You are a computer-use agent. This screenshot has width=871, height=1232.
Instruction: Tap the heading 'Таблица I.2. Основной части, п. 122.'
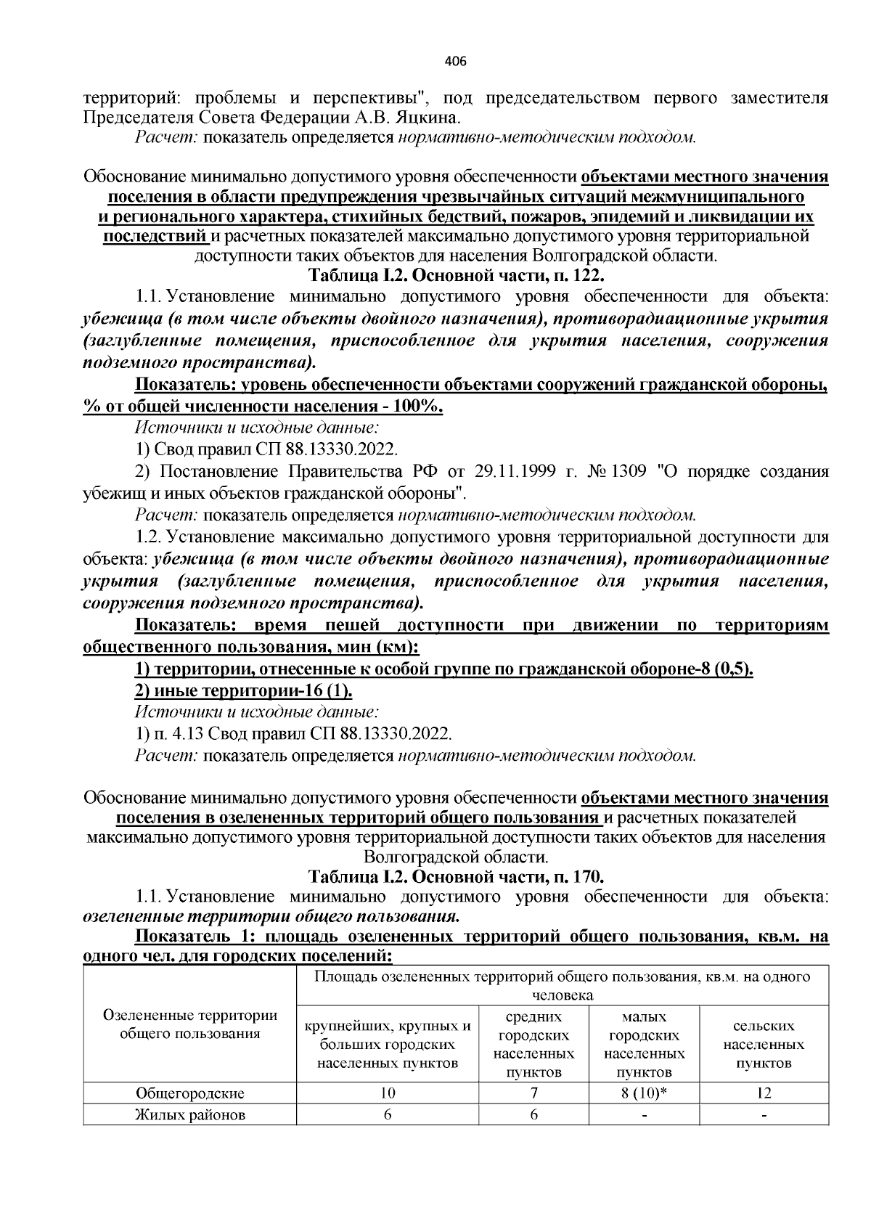click(456, 276)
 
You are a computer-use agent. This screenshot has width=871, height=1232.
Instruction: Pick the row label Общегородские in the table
click(190, 1093)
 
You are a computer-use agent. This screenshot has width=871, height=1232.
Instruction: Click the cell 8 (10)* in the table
click(643, 1093)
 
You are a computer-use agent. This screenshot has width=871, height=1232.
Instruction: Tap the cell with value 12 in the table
click(764, 1093)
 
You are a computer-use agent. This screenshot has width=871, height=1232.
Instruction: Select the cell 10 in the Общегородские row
click(388, 1093)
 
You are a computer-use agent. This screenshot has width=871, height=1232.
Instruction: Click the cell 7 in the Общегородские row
click(533, 1093)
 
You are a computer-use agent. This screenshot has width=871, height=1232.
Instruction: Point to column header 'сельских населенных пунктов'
click(764, 1045)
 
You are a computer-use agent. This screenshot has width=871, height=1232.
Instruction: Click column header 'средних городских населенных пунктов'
click(533, 1045)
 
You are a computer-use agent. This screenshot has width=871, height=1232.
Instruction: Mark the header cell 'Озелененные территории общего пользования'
click(190, 1024)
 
